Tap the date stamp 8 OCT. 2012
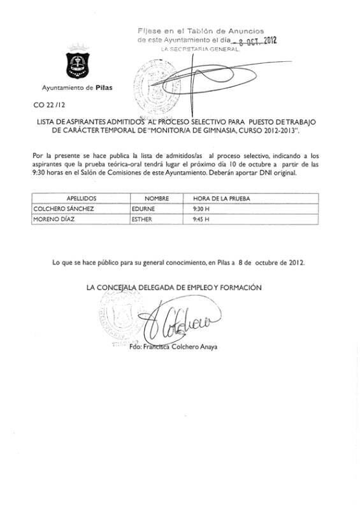253,40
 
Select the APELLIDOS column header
80,198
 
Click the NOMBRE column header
155,198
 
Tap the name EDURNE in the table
143,208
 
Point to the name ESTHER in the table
143,219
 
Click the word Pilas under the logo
103,87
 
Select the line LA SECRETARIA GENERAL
199,49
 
